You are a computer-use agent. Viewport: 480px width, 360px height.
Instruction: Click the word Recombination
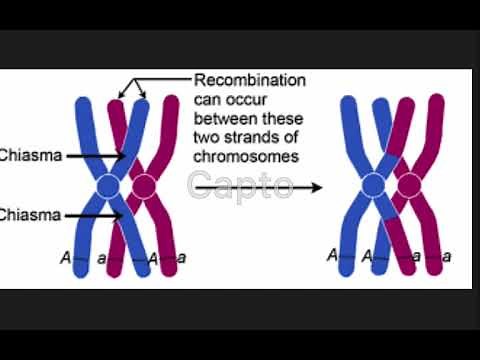[x=250, y=80]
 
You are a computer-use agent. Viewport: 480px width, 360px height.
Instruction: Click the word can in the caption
[x=208, y=100]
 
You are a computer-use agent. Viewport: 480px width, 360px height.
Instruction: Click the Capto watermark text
[x=240, y=184]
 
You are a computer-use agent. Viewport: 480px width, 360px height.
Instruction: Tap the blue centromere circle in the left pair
[x=108, y=186]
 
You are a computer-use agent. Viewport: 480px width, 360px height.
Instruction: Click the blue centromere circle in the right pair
[x=372, y=185]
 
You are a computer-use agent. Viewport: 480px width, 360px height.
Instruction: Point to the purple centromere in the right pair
[x=408, y=185]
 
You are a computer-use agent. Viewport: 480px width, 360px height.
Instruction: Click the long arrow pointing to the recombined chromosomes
[x=300, y=187]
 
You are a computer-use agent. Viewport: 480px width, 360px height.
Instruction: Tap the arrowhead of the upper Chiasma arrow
[x=121, y=156]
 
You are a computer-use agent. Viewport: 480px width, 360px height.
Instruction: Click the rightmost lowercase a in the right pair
[x=446, y=257]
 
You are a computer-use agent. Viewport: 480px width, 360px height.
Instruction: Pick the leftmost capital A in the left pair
[x=64, y=258]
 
